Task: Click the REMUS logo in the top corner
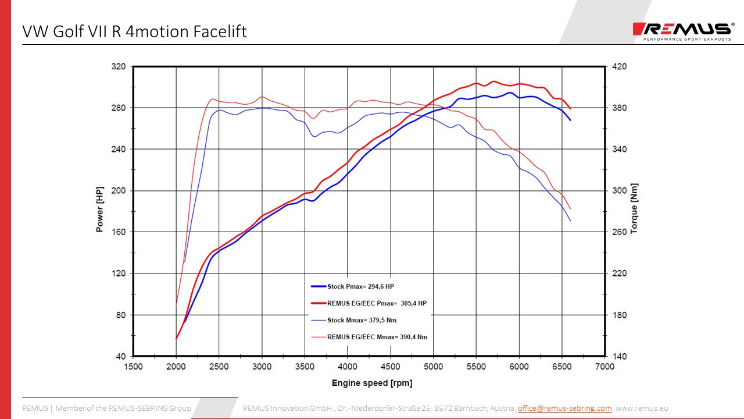pos(684,30)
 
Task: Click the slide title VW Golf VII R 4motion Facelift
pos(134,31)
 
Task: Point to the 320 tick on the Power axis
pos(119,67)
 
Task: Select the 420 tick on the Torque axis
pos(620,67)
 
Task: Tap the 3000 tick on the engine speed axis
pos(262,367)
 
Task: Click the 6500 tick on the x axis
pos(562,367)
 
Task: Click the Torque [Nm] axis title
pos(634,208)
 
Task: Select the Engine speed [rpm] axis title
pos(372,383)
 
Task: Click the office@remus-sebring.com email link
pos(564,409)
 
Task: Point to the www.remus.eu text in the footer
pos(642,409)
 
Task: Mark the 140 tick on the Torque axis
pos(620,356)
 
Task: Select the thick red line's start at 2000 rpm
pos(176,338)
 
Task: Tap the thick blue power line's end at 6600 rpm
pos(571,120)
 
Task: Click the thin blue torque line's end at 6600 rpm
pos(571,221)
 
